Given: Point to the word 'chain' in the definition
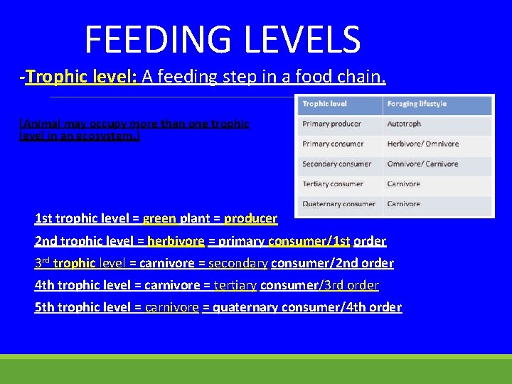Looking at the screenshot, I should click(361, 77).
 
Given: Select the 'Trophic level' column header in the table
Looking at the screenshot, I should click(324, 104).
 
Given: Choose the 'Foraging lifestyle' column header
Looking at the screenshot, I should click(417, 104).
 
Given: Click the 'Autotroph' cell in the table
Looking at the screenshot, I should click(404, 124).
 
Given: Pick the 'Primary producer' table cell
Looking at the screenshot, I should click(331, 124).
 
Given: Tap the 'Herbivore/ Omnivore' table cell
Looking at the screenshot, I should click(422, 144).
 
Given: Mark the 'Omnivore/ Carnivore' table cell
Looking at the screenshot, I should click(422, 164).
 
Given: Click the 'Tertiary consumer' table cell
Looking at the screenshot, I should click(331, 183).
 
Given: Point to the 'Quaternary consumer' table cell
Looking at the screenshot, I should click(338, 204).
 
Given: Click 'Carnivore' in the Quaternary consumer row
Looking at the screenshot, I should click(403, 204).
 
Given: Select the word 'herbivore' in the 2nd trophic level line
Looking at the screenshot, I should click(176, 241).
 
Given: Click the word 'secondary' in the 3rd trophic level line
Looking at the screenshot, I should click(238, 263).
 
